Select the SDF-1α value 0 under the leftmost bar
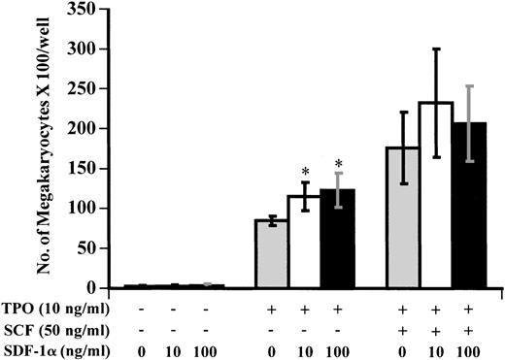(139, 347)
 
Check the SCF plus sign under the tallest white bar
(438, 329)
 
